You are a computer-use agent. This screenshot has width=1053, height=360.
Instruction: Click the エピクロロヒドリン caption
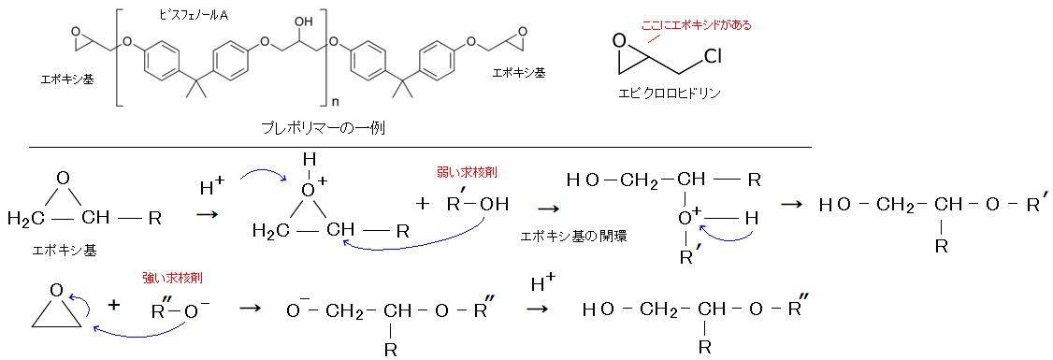[669, 94]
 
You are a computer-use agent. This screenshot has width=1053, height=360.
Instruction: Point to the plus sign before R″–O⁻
[114, 306]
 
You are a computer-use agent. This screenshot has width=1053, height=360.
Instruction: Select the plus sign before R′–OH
[421, 204]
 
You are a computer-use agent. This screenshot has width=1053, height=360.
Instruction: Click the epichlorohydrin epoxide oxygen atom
[619, 42]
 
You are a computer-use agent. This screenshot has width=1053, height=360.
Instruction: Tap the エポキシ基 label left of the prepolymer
[66, 79]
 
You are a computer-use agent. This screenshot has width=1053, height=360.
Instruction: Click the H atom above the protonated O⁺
[309, 161]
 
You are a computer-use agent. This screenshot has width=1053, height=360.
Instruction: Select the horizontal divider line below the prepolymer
[421, 147]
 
